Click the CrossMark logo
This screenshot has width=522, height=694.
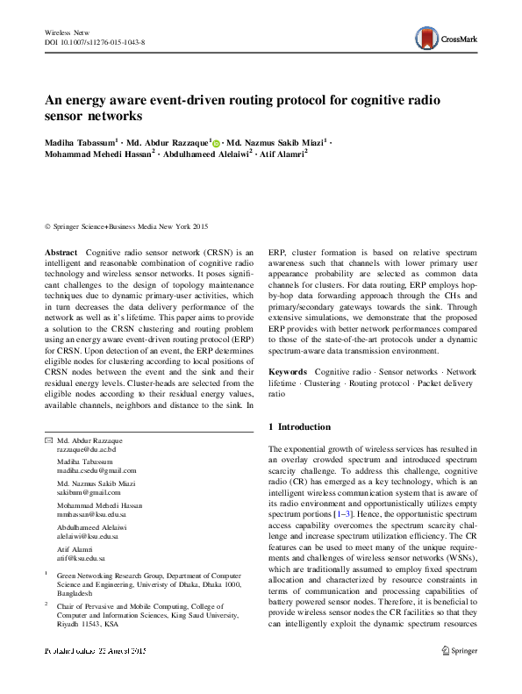(446, 38)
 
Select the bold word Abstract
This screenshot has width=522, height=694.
(61, 252)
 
